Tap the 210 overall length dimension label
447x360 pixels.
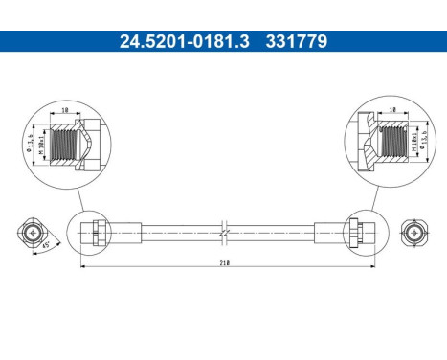(x=223, y=259)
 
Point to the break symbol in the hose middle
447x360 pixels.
(x=223, y=232)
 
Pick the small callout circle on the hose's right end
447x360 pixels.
(x=358, y=232)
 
